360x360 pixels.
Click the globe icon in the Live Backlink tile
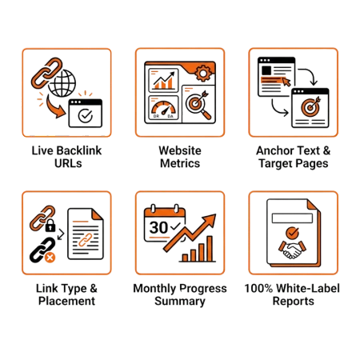point(62,83)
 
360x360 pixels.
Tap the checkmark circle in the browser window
point(86,115)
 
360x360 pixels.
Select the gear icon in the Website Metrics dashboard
point(203,73)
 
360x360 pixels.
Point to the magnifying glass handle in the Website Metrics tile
point(206,115)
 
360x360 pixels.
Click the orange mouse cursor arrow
point(286,82)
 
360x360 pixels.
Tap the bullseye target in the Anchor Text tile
point(310,106)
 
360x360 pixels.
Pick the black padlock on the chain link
point(50,226)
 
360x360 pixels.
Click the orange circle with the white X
point(50,258)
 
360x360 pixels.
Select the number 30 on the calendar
point(158,227)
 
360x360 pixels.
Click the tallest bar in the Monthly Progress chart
point(210,249)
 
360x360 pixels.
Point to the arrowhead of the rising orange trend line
point(210,219)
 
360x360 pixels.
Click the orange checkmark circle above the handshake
point(292,233)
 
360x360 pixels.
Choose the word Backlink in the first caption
point(79,150)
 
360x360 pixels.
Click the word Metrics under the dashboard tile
point(180,163)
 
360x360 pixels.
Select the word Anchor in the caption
point(274,150)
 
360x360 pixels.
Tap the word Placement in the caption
point(66,301)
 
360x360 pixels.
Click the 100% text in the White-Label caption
point(258,288)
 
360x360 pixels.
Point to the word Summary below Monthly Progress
point(180,302)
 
